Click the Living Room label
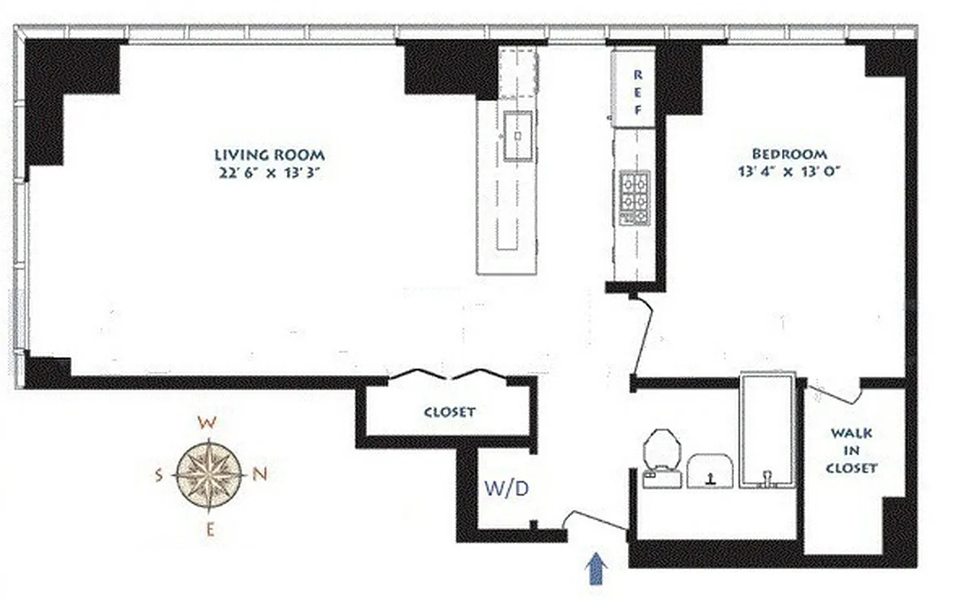(x=269, y=154)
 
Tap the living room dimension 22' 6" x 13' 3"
(x=269, y=173)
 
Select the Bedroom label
(x=789, y=154)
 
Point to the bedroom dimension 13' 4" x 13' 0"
(x=789, y=173)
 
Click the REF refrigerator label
(x=639, y=92)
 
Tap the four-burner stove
(x=634, y=196)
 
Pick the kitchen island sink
(x=518, y=135)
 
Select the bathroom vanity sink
(x=710, y=471)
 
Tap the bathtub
(x=768, y=431)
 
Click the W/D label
(x=506, y=489)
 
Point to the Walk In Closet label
(x=851, y=451)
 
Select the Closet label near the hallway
(x=449, y=412)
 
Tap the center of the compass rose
(x=209, y=474)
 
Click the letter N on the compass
(x=259, y=474)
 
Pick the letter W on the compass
(x=205, y=422)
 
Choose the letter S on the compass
(x=159, y=475)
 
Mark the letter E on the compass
(x=210, y=527)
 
